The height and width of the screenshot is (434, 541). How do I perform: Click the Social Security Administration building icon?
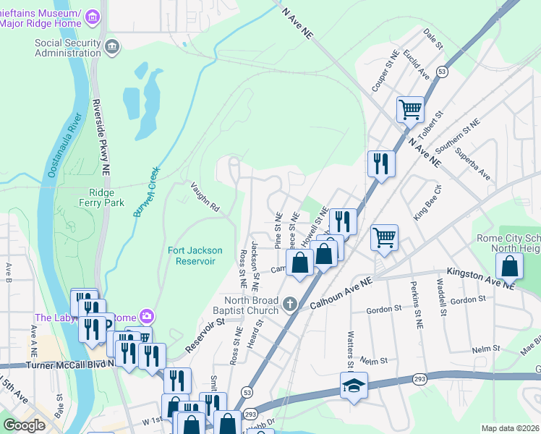point(112,48)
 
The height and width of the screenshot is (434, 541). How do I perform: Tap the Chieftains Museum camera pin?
point(93,16)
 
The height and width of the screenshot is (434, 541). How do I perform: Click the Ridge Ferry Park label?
point(106,197)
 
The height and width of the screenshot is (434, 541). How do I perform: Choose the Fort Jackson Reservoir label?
point(192,255)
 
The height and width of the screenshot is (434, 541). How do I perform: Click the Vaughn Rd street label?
point(205,195)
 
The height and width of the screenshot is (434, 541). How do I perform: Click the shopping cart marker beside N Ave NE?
point(410,110)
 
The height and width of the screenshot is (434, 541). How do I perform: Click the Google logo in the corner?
point(24,425)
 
